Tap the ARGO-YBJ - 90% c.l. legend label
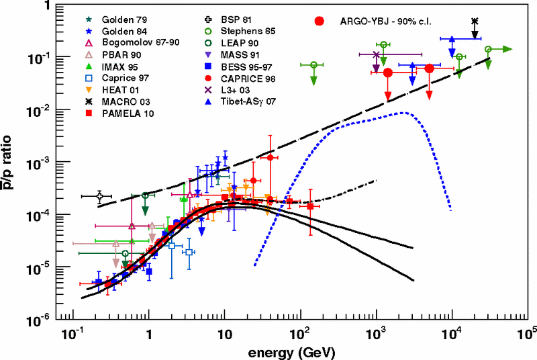click(386, 21)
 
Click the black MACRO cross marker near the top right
click(475, 21)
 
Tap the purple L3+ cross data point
click(376, 54)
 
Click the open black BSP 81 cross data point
click(99, 196)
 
